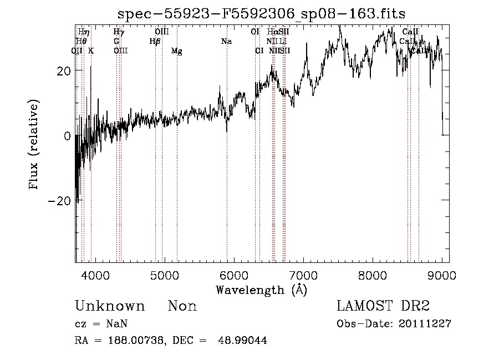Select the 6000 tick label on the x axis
tap(233, 275)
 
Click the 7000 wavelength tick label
tap(303, 275)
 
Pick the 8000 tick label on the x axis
tap(372, 275)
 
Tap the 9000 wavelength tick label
tap(441, 275)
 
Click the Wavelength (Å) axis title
tap(261, 290)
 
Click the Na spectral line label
tap(226, 41)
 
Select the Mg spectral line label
tap(176, 51)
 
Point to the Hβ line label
tap(155, 41)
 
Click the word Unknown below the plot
tap(110, 306)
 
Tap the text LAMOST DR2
tap(383, 306)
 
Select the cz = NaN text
tap(102, 323)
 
